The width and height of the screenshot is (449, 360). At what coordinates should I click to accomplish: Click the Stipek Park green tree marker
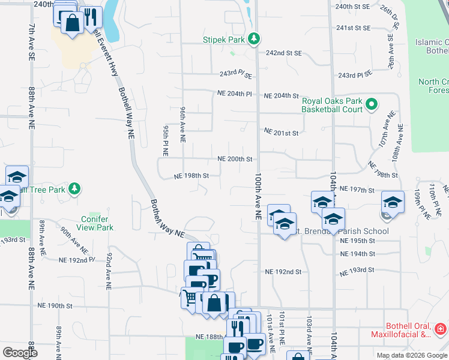point(255,39)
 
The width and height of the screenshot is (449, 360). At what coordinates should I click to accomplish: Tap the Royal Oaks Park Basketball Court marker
point(372,105)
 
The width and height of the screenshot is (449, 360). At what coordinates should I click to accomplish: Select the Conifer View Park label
point(97,223)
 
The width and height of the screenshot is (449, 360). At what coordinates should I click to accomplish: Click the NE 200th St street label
point(234,159)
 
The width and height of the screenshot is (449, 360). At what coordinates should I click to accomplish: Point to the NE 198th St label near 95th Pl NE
point(191,176)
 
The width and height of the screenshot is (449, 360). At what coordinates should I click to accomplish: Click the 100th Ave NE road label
point(258,196)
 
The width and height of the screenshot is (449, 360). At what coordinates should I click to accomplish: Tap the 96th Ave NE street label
point(182,125)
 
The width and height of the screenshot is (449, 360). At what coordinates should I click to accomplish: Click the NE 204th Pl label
point(237,95)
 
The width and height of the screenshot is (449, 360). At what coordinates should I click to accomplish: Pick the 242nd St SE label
point(283,53)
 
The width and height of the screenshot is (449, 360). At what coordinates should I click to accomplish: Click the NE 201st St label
point(281,132)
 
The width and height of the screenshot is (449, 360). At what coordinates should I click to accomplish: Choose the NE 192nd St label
point(283,271)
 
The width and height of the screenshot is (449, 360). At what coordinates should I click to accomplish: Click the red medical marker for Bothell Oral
point(441,329)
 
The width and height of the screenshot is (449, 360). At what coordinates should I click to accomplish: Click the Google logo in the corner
point(20,353)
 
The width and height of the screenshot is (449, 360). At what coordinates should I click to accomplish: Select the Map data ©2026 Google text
point(411,355)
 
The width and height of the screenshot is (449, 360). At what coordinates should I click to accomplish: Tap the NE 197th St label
point(357,189)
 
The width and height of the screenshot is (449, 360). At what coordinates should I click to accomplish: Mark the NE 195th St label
point(357,240)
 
